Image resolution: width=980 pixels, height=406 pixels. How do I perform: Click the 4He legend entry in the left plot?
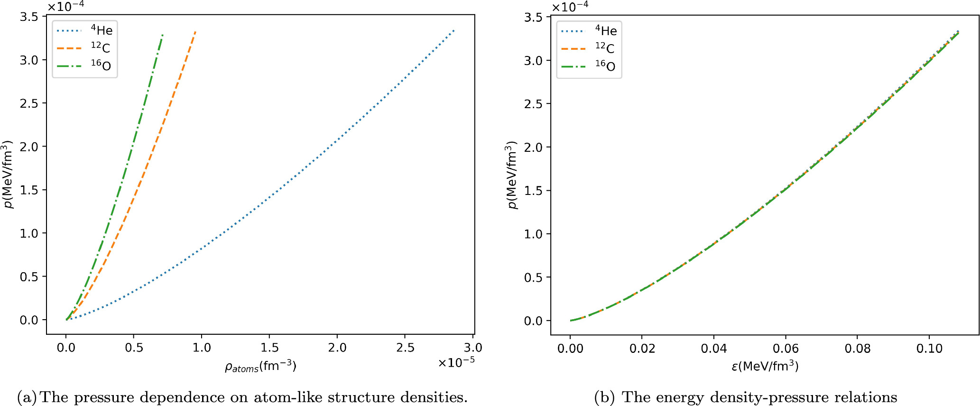pos(102,30)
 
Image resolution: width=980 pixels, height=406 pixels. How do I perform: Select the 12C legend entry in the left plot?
pos(100,48)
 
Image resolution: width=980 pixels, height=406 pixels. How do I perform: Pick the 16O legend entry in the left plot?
pos(101,65)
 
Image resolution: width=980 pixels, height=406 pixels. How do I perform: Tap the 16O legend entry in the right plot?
pos(605,66)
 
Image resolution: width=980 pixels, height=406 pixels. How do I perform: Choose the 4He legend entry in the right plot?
pos(606,31)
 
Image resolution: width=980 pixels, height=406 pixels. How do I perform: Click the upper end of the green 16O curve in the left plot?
pos(163,35)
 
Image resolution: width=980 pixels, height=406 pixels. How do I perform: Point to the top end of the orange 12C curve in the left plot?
pos(195,32)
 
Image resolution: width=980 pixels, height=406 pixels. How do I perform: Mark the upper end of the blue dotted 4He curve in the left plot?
pos(454,31)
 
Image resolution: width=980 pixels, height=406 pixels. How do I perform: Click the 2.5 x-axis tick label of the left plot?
pos(405,348)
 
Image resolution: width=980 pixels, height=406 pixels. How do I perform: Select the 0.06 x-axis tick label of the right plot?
pos(786,349)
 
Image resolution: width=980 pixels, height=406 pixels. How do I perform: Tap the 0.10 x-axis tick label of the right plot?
pos(929,349)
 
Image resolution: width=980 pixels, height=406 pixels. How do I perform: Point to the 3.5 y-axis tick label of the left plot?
pos(29,17)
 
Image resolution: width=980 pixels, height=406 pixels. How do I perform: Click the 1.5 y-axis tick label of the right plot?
pos(533,191)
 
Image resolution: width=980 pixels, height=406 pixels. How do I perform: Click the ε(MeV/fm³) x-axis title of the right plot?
pos(765,366)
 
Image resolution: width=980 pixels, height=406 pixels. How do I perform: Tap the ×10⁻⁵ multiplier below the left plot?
pos(456,363)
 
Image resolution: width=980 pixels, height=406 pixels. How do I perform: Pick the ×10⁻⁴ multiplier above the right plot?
pos(570,7)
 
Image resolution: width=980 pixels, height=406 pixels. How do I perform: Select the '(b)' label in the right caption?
pos(604,397)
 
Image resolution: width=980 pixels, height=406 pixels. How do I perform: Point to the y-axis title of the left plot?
pos(8,175)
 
